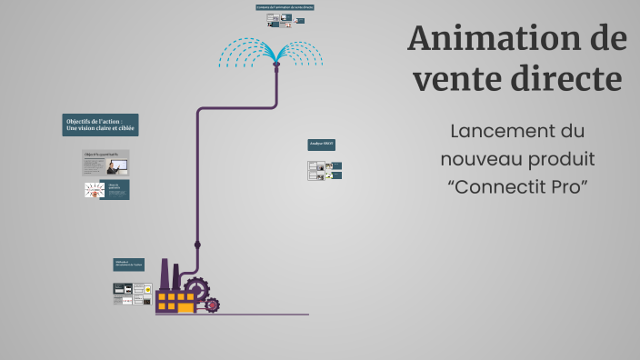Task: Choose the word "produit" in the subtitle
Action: [563, 159]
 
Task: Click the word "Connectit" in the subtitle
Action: [499, 187]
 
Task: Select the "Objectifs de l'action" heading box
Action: [101, 125]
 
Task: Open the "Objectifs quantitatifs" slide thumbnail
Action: [106, 163]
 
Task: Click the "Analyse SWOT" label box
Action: [322, 144]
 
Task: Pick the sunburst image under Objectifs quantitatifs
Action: [95, 189]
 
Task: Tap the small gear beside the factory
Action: [212, 305]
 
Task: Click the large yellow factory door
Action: [185, 307]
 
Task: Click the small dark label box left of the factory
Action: [128, 265]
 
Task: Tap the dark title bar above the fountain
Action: [285, 7]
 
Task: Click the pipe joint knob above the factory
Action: [198, 245]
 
